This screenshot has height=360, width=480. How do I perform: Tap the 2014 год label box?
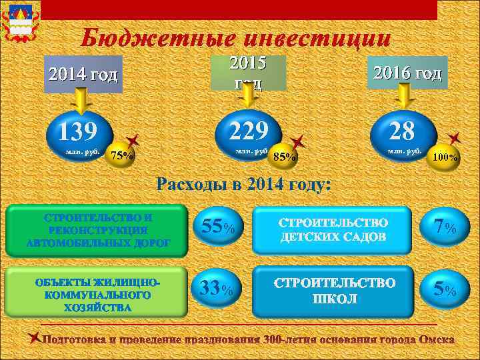81,74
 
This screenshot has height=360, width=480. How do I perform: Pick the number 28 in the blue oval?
403,131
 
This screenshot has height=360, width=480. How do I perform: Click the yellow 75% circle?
122,156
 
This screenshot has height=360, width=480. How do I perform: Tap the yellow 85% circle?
285,157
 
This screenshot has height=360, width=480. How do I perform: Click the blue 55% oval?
216,227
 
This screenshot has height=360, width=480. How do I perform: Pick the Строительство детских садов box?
331,229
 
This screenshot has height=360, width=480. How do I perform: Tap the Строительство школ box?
331,291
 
